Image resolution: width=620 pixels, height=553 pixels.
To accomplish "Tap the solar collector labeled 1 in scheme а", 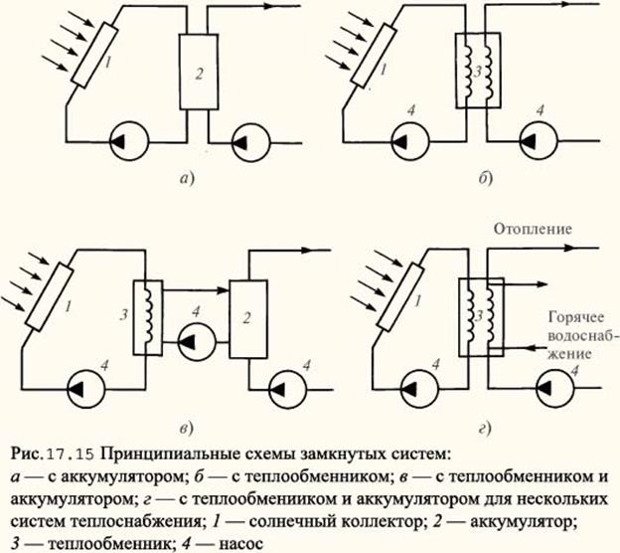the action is click(94, 55).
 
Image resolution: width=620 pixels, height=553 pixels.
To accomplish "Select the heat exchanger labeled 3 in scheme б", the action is click(478, 71).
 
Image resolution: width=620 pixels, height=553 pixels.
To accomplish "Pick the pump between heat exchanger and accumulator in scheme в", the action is click(197, 342).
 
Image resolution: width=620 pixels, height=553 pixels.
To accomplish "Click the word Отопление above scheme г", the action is click(533, 230).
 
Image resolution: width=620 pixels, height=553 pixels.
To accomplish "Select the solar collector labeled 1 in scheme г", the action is click(398, 296).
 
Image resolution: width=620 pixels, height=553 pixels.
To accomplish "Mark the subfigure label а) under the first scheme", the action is click(187, 180).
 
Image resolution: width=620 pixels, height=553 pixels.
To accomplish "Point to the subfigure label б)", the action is click(485, 179).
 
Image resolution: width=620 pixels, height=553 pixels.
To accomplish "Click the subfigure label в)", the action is click(186, 429).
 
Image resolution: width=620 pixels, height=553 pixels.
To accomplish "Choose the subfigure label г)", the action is click(484, 429).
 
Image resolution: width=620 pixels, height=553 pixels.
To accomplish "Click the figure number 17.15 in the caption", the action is click(70, 455).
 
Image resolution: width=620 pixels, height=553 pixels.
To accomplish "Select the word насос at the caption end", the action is click(240, 543).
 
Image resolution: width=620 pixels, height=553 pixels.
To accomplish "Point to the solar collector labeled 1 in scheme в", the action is click(50, 296).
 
